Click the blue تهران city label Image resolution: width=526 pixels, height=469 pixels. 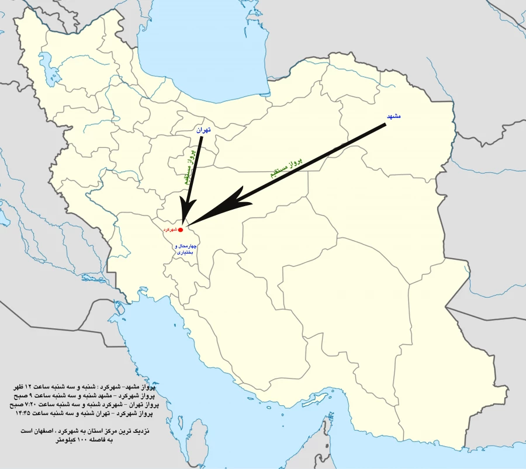coord(202,130)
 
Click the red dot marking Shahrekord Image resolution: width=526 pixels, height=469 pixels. coord(180,230)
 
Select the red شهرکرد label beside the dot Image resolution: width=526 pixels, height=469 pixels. coord(170,230)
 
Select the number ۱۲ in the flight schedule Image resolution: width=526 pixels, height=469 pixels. coord(32,387)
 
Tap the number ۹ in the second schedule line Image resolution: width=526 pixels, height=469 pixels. coord(32,396)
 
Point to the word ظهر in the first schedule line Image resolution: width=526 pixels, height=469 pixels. coord(19,387)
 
